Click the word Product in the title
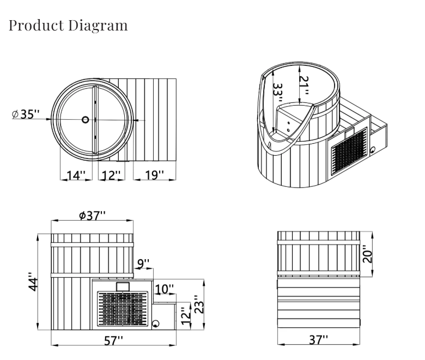pyautogui.click(x=36, y=26)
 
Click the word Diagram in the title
pyautogui.click(x=98, y=26)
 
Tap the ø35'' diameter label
pyautogui.click(x=26, y=114)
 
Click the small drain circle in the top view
pyautogui.click(x=86, y=119)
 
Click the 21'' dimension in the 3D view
pyautogui.click(x=304, y=86)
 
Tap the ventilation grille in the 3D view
pyautogui.click(x=349, y=151)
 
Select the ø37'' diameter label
pyautogui.click(x=92, y=216)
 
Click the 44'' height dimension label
pyautogui.click(x=34, y=282)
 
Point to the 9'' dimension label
pyautogui.click(x=143, y=263)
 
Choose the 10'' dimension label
pyautogui.click(x=164, y=289)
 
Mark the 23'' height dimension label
pyautogui.click(x=199, y=304)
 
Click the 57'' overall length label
pyautogui.click(x=113, y=340)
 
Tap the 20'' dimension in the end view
pyautogui.click(x=368, y=254)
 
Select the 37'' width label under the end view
pyautogui.click(x=319, y=339)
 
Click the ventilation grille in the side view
pyautogui.click(x=123, y=309)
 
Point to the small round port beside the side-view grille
pyautogui.click(x=156, y=324)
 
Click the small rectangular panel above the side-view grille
pyautogui.click(x=123, y=286)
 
